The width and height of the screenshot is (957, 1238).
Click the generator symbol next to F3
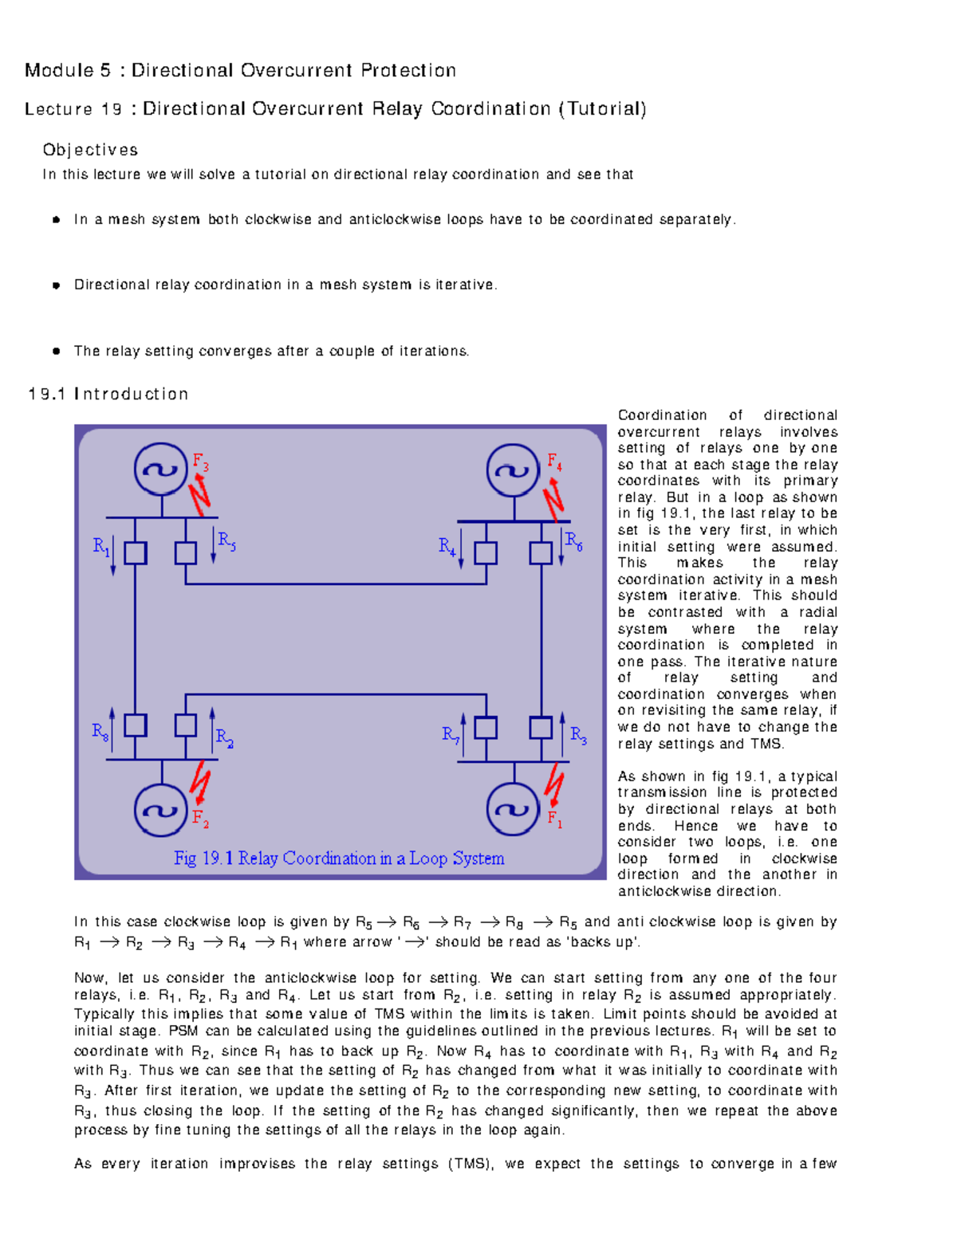point(161,470)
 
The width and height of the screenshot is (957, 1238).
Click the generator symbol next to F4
point(514,470)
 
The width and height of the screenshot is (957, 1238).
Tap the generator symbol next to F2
point(161,810)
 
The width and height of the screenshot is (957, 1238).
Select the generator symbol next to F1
point(514,810)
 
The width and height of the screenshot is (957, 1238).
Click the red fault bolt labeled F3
point(199,494)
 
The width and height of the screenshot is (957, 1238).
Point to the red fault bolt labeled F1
point(553,785)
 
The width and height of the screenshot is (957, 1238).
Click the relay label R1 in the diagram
point(101,547)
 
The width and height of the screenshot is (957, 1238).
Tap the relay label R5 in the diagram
point(226,541)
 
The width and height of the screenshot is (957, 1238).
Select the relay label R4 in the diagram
point(447,547)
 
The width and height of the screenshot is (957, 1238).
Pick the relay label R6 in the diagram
point(573,541)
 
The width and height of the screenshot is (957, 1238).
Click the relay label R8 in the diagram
point(100,732)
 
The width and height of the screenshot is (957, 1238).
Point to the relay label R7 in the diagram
point(451,735)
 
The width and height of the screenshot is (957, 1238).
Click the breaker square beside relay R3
point(541,727)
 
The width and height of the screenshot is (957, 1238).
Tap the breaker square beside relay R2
point(186,725)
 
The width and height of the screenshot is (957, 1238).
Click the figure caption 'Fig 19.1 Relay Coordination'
point(339,859)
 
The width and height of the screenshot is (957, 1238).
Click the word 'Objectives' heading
point(90,150)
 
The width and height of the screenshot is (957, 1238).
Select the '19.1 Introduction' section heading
point(108,394)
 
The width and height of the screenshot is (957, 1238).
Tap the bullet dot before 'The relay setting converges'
point(57,351)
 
